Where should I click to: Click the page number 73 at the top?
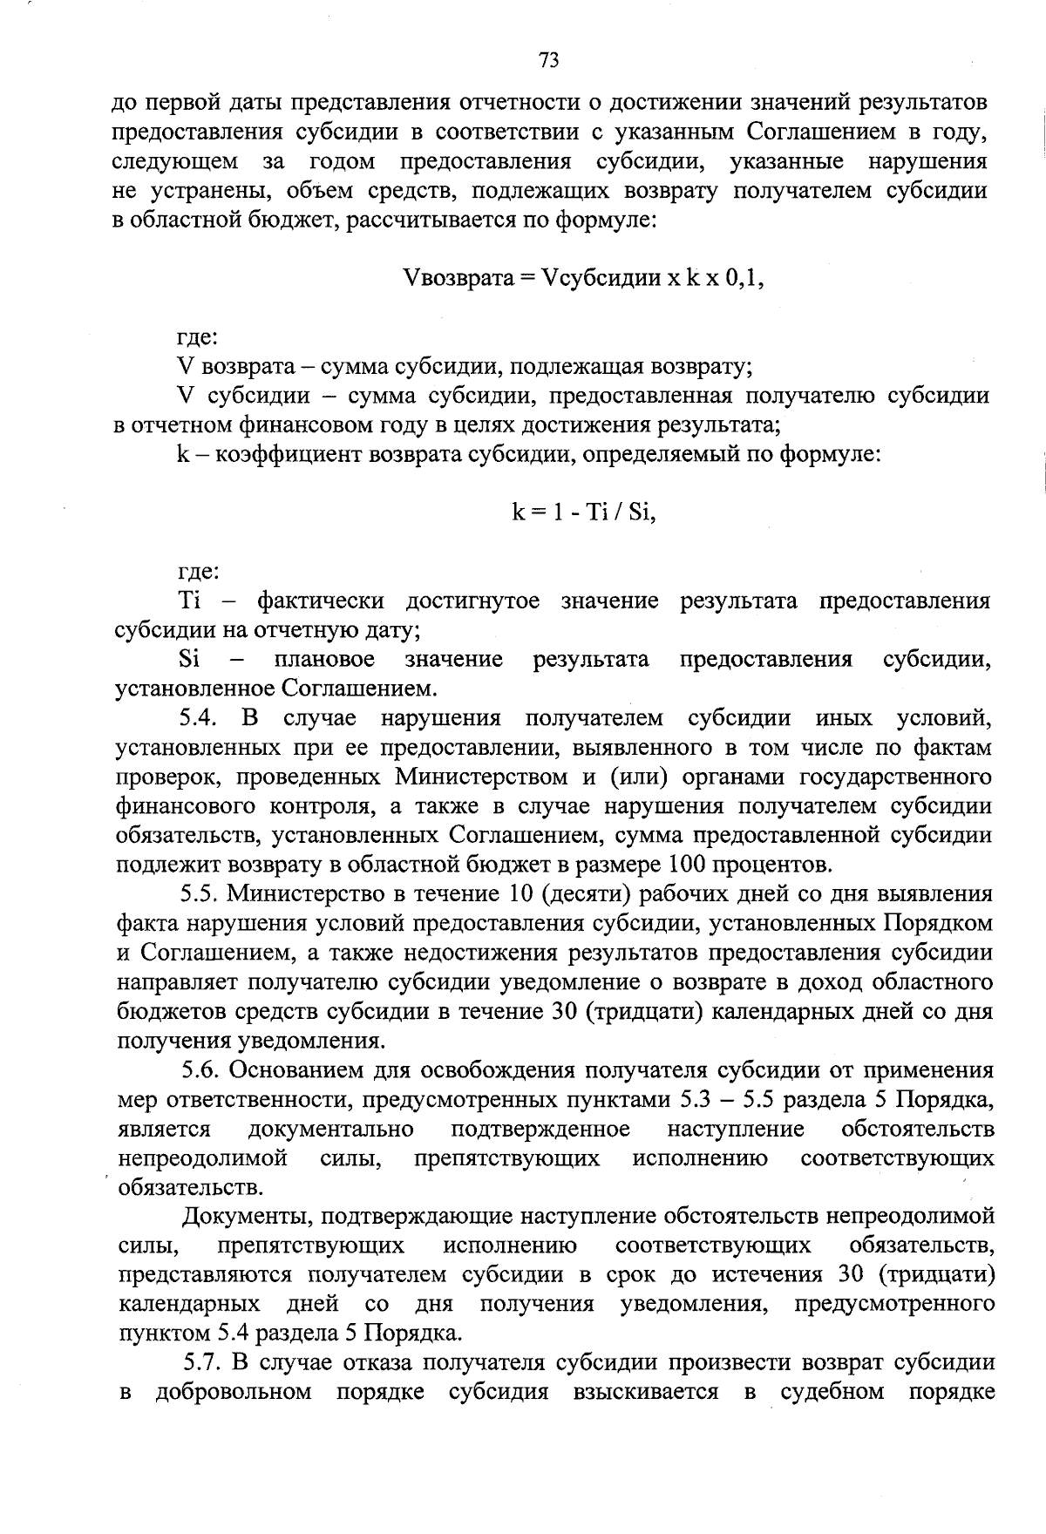[x=548, y=59]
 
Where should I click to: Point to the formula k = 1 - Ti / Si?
[x=583, y=512]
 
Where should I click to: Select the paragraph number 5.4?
[x=203, y=718]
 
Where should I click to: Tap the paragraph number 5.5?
[x=203, y=893]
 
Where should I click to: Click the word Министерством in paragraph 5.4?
[x=479, y=777]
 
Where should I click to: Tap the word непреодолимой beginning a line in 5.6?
[x=202, y=1158]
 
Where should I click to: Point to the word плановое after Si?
[x=323, y=659]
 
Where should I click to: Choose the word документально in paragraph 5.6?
[x=330, y=1130]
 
